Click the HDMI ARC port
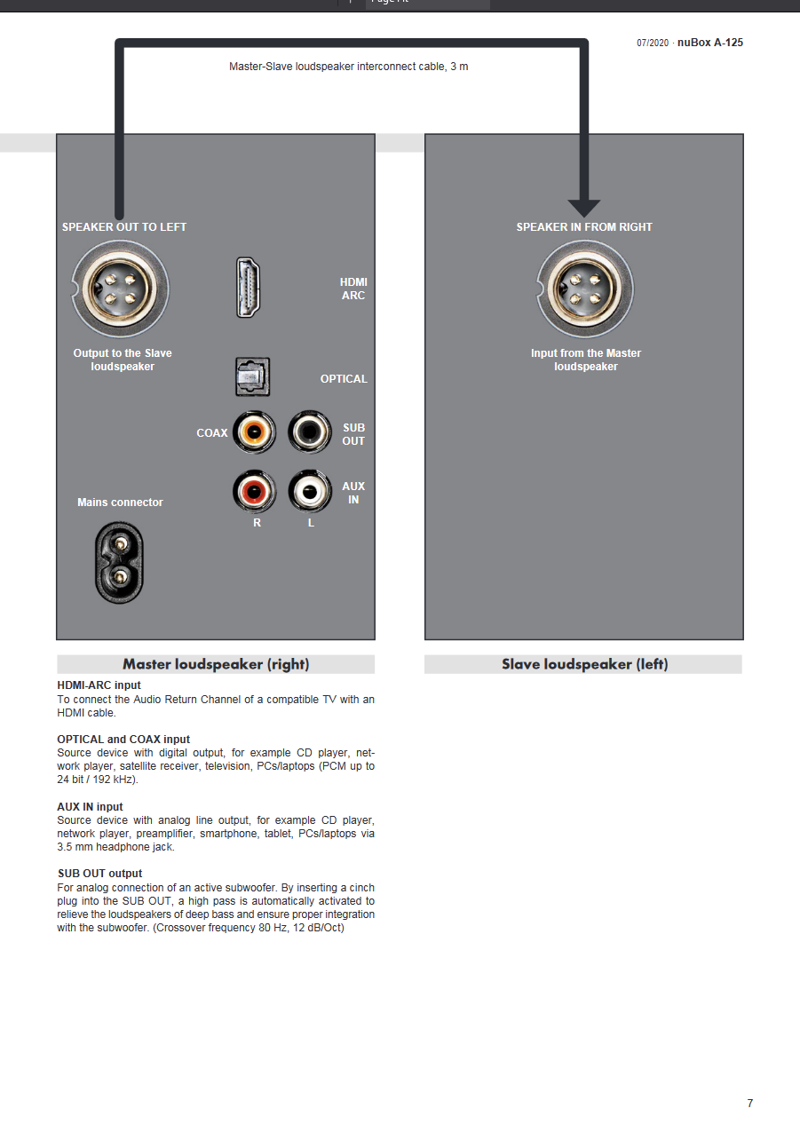(x=249, y=287)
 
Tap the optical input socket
(x=252, y=377)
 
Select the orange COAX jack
(x=254, y=432)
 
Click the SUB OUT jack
(x=310, y=432)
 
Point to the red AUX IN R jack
(x=254, y=489)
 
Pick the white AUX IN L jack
(x=310, y=489)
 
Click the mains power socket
(x=118, y=563)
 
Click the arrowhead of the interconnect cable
(x=584, y=208)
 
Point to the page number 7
(x=749, y=1104)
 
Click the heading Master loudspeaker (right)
(x=216, y=664)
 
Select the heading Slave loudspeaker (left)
(x=584, y=664)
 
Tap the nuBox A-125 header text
(x=709, y=43)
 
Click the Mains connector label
(x=120, y=503)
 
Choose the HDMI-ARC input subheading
(x=99, y=686)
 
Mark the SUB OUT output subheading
(x=99, y=874)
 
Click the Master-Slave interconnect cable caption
(x=348, y=67)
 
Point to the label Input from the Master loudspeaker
(x=585, y=360)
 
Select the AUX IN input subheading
(x=90, y=807)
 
